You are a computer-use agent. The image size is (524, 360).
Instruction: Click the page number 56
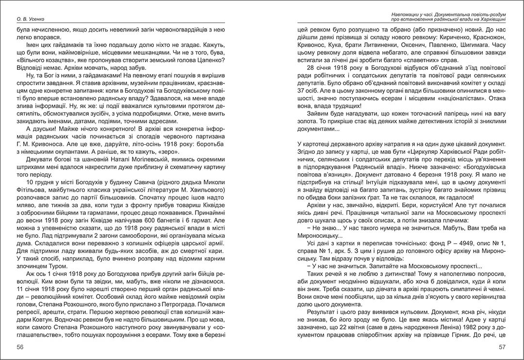point(20,347)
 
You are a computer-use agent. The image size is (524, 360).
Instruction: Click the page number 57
point(503,347)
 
